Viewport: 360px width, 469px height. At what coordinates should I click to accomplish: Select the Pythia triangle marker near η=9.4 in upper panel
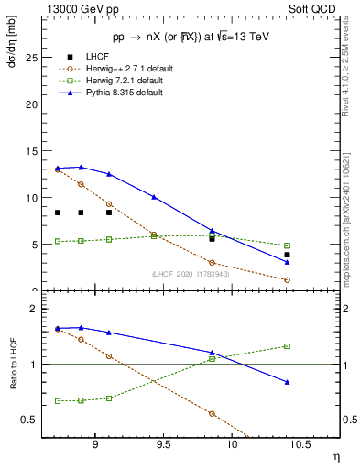154,197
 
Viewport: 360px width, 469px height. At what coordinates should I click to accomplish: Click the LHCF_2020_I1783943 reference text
190,273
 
